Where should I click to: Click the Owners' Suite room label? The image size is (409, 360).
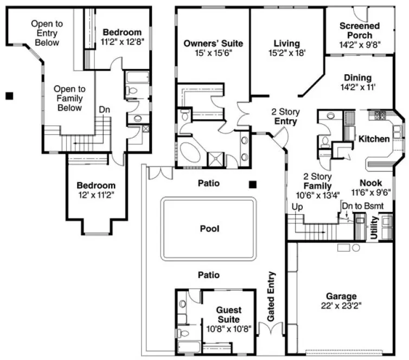213,43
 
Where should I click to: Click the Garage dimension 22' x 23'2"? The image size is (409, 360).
341,306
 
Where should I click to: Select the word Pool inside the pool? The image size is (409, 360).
209,229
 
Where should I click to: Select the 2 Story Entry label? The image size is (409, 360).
285,117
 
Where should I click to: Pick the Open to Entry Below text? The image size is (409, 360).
46,33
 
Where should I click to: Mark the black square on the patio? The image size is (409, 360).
253,184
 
